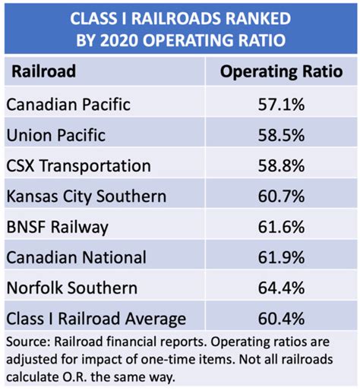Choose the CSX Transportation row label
78,165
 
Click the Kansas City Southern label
86,197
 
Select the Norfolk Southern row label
71,288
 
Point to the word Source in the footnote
25,342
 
